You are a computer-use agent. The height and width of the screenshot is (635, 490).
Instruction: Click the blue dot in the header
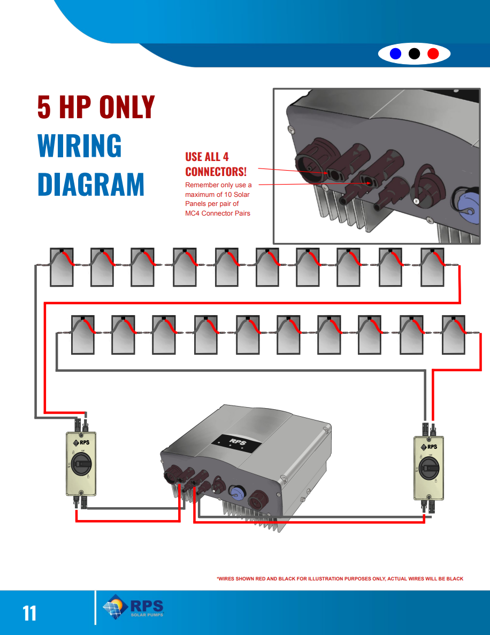tap(395, 53)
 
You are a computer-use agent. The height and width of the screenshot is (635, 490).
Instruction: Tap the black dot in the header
tap(414, 53)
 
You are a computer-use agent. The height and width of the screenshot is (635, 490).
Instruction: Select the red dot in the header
tap(433, 53)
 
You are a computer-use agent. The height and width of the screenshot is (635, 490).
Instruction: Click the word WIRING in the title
tap(79, 146)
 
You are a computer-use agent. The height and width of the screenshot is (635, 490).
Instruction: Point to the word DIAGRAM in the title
tap(91, 184)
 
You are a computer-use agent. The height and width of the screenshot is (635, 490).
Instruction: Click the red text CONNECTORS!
tap(216, 172)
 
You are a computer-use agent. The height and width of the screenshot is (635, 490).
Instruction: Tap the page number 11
tap(29, 613)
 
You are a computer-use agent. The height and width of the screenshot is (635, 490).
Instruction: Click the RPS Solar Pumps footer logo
tap(133, 608)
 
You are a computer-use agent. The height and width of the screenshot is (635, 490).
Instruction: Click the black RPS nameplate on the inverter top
tap(235, 442)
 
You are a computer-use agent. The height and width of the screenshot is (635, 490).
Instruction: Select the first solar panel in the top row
tap(61, 267)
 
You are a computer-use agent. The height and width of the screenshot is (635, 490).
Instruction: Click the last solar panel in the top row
tap(432, 267)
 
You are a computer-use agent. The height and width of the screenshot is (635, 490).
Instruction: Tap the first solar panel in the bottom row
tap(83, 335)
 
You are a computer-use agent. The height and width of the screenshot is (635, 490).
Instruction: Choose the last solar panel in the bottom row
tap(454, 335)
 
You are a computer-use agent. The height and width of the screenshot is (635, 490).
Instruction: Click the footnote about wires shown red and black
tap(340, 579)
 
